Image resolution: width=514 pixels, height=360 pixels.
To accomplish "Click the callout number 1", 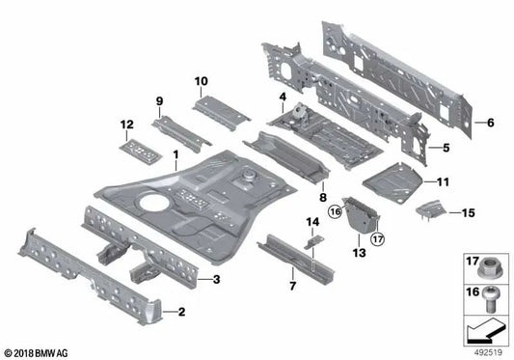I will [x=175, y=154].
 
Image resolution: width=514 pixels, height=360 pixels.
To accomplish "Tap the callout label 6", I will [x=489, y=123].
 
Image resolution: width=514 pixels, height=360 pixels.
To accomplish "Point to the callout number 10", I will [x=201, y=81].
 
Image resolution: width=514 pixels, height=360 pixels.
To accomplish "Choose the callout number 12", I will [x=125, y=125].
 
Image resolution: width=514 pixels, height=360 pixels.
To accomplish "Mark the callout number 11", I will [x=443, y=180].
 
